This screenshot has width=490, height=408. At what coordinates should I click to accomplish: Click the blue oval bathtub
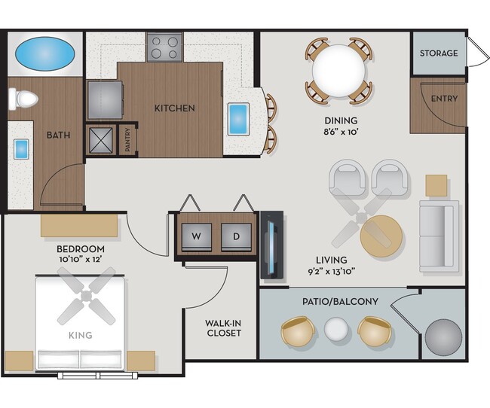coord(44,54)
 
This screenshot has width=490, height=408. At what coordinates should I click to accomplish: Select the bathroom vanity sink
coord(21,148)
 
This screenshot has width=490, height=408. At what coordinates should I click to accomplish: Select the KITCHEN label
coord(175,108)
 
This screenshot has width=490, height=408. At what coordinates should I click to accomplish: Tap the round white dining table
coord(338,69)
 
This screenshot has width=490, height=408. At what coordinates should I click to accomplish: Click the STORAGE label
coord(438,53)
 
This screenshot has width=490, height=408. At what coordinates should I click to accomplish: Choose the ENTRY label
coord(444,99)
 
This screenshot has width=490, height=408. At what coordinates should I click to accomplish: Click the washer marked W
coord(196,236)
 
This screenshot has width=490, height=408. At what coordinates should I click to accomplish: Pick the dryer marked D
coord(236,236)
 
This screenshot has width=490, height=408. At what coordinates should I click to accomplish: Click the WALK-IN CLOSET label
coord(223,328)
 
